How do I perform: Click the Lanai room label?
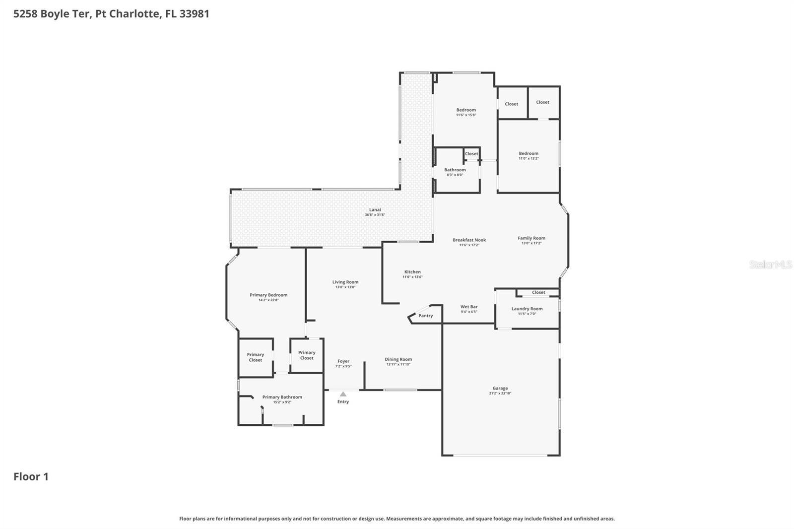coord(375,210)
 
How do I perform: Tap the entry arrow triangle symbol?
coord(343,394)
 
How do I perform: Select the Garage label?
coord(500,389)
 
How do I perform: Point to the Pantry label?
coord(425,316)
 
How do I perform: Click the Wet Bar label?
coord(469,307)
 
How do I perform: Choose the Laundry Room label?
coord(527,309)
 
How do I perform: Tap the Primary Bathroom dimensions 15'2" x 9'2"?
coord(282,402)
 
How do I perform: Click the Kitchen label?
coord(412,272)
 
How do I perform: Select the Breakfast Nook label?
coord(469,240)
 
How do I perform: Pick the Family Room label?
coord(531,238)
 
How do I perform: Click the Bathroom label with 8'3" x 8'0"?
coord(455,170)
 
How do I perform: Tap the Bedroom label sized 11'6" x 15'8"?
coord(466,110)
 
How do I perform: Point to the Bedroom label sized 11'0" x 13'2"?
coord(529,153)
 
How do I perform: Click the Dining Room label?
coord(398,359)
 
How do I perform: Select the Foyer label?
coord(343,361)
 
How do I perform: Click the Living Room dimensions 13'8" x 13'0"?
coord(345,287)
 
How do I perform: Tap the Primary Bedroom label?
coord(268,295)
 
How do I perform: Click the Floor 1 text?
coord(31,476)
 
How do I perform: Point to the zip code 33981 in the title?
coord(195,13)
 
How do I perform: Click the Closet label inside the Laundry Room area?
coord(538,292)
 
